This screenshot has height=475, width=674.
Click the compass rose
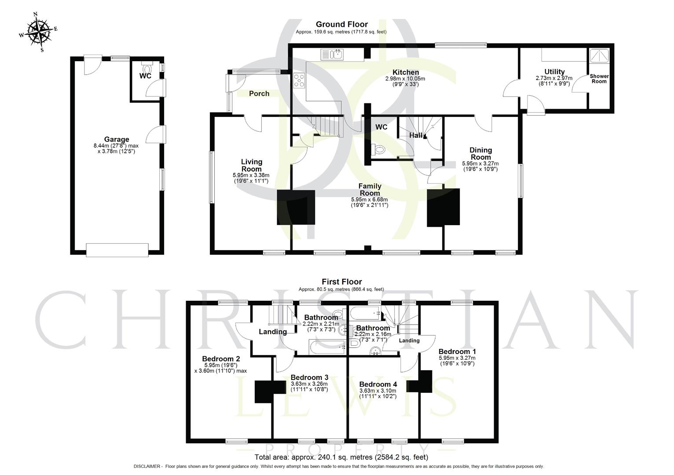pos(38,31)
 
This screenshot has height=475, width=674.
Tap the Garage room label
pos(117,140)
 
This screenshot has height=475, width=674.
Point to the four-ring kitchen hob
pos(300,80)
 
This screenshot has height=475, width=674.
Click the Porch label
pos(259,93)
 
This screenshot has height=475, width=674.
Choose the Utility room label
pos(554,72)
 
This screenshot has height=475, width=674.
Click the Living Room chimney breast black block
pos(296,208)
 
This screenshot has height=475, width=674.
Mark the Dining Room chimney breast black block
pos(443,208)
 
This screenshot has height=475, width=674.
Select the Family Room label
pos(370,190)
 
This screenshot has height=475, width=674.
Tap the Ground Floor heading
pos(342,25)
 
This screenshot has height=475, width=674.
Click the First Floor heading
pos(342,282)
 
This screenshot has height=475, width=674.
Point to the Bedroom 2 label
pos(221,359)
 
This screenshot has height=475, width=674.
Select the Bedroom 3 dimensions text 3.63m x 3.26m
pos(309,384)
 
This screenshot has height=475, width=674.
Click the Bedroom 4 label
pos(378,384)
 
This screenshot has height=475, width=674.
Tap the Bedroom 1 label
pos(457,351)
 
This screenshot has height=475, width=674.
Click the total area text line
pos(341,457)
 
